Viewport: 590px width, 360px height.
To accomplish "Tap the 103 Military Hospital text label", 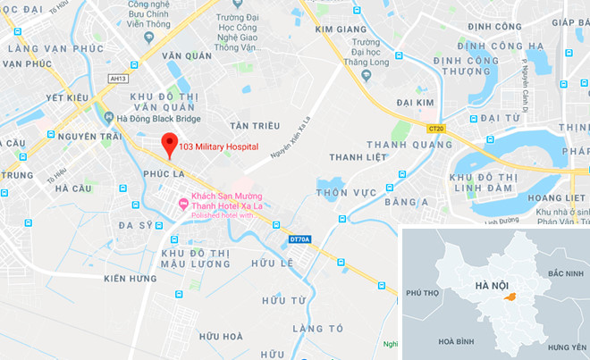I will click(x=219, y=147).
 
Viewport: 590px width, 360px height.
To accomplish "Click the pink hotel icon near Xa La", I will click(x=184, y=205).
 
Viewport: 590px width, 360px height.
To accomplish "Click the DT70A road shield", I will click(x=300, y=239).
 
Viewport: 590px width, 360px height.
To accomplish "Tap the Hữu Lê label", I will click(x=272, y=264).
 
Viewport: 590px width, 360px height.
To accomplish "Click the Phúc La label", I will click(x=161, y=171).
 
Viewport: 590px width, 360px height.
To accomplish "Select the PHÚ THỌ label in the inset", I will click(x=424, y=292).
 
